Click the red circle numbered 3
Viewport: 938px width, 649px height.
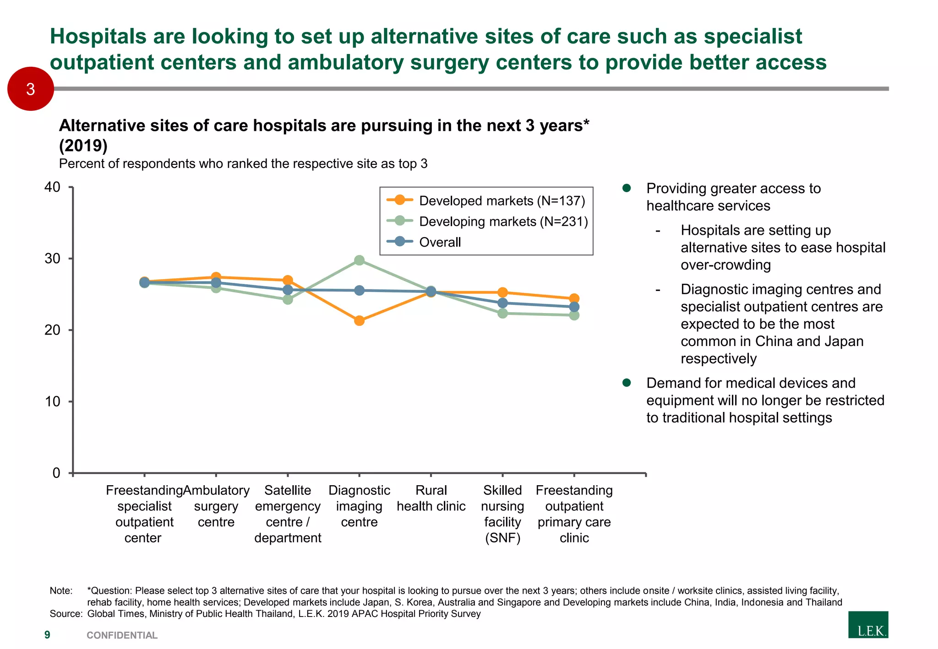point(31,89)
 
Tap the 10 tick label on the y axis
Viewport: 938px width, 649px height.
point(53,401)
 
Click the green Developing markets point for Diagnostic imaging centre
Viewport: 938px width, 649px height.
point(360,260)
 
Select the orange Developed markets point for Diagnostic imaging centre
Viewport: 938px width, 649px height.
point(360,321)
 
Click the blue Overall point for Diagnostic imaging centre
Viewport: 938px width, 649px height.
point(360,290)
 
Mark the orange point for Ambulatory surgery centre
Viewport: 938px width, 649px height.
point(216,277)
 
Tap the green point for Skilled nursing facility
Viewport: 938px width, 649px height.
point(502,313)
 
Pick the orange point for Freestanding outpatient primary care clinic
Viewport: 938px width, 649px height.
point(574,298)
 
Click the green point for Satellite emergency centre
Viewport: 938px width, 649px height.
point(288,299)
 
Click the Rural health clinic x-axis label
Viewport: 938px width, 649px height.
point(431,498)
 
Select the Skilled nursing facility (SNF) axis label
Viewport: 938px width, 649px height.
point(502,514)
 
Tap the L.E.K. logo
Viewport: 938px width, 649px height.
point(868,625)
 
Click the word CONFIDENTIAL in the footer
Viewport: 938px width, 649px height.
point(122,635)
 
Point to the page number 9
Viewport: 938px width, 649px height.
point(47,635)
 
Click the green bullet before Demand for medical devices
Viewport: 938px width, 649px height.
point(627,383)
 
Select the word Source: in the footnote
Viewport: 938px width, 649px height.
point(65,614)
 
